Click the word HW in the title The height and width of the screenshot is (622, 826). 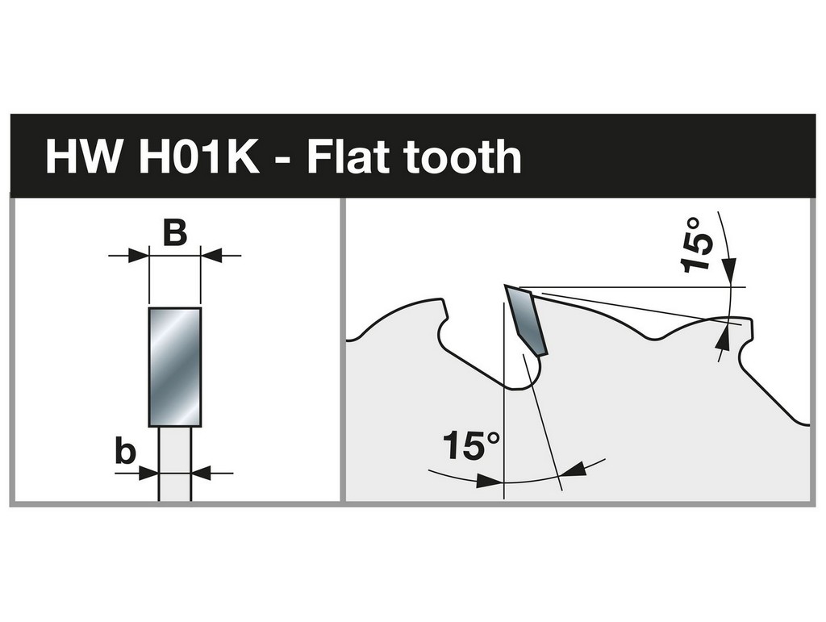click(82, 157)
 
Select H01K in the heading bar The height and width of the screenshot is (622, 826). click(198, 157)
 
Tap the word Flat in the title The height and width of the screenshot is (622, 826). click(350, 157)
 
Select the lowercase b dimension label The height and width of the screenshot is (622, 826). click(125, 452)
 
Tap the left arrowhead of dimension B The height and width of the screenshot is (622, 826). click(139, 256)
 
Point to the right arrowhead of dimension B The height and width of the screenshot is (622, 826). click(211, 256)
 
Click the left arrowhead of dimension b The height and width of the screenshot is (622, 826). click(148, 473)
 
